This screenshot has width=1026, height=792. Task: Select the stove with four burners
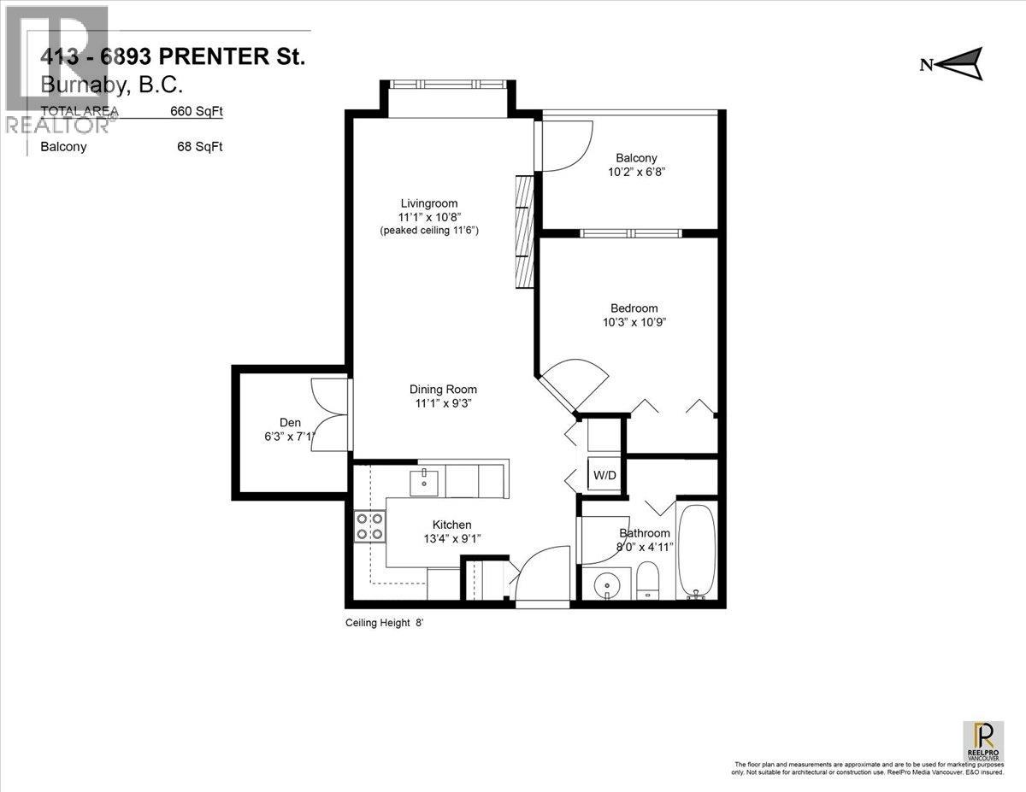(x=369, y=525)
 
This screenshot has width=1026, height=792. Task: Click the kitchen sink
(x=424, y=482)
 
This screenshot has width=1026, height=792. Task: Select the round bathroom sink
(x=609, y=585)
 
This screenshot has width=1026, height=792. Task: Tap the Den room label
(x=290, y=422)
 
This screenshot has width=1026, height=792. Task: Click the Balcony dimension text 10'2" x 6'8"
(x=636, y=172)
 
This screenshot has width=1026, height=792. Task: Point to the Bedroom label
(x=634, y=308)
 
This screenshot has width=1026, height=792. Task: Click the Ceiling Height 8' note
(x=384, y=624)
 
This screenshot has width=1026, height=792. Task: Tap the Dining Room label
(x=442, y=390)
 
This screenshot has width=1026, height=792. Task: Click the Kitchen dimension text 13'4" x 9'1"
(x=451, y=539)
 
